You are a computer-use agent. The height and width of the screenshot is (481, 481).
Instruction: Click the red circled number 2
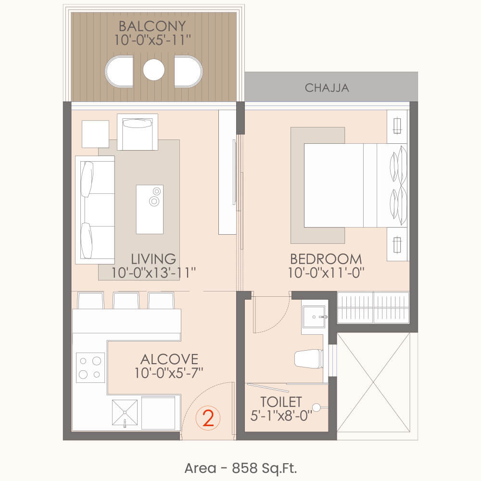208,418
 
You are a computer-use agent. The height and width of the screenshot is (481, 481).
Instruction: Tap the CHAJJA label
327,88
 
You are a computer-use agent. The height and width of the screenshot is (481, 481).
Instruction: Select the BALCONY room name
152,26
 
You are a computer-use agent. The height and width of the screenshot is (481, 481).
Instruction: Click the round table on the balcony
154,70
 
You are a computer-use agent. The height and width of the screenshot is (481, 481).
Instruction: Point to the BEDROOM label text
326,259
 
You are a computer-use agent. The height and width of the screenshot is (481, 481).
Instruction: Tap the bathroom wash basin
314,317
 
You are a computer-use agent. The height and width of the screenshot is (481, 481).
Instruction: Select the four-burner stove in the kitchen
90,367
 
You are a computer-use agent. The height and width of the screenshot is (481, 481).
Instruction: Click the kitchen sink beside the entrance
125,413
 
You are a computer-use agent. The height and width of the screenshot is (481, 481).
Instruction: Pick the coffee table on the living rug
150,209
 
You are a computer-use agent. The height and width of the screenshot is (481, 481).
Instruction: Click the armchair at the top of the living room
138,132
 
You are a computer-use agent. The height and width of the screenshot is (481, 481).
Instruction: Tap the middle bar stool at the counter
126,301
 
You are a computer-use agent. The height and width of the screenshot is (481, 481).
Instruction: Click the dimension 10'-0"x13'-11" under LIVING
153,273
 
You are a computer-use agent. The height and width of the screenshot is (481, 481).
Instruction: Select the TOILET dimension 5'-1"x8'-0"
281,416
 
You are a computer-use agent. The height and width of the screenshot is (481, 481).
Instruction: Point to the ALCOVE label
169,359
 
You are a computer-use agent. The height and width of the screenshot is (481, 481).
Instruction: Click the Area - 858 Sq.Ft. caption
241,468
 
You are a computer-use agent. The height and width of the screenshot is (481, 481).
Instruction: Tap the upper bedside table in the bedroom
397,127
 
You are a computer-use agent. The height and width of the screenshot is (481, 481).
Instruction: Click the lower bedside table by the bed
397,244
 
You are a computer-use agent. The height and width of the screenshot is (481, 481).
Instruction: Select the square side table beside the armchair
95,134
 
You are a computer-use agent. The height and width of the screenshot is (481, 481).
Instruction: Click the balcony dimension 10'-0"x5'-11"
152,40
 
